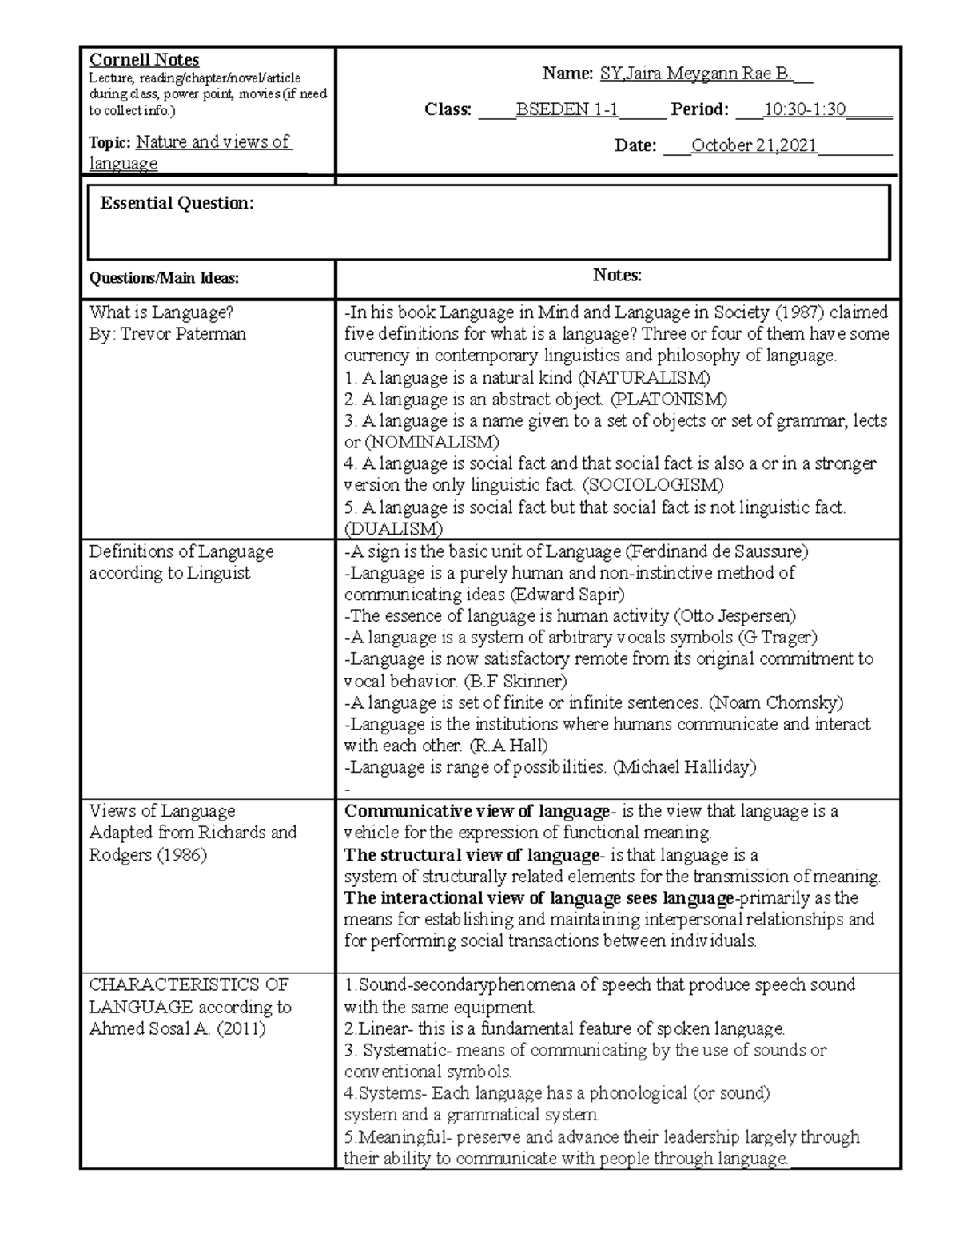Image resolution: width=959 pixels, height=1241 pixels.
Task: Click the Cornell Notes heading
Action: tap(144, 60)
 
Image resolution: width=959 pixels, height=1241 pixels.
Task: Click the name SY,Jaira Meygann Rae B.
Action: tap(694, 74)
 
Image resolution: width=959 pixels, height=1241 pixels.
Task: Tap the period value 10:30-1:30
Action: tap(805, 109)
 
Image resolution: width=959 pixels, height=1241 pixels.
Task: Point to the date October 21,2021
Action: tap(754, 145)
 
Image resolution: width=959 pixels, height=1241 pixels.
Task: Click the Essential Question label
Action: tap(177, 203)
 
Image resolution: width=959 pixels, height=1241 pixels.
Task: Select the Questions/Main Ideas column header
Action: tap(164, 278)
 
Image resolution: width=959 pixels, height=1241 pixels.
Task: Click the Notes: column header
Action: tap(617, 276)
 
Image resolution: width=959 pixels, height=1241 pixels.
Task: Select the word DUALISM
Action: tap(392, 529)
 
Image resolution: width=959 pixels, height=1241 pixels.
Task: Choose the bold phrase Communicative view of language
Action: tap(476, 812)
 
